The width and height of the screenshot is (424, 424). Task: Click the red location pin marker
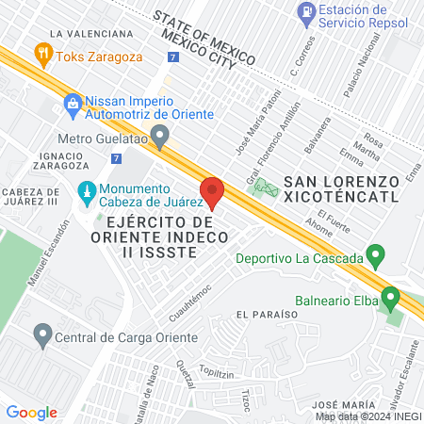click(x=213, y=191)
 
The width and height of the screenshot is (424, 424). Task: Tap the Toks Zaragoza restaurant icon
click(x=41, y=54)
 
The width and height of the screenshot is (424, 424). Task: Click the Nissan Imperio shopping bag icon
click(x=72, y=103)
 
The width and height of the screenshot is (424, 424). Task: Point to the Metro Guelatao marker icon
click(x=161, y=137)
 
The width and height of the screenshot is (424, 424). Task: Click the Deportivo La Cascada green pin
click(x=376, y=255)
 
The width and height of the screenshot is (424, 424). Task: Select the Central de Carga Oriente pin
click(x=42, y=334)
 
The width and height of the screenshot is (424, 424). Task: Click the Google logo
click(x=32, y=412)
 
